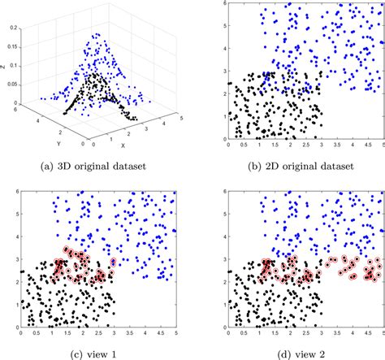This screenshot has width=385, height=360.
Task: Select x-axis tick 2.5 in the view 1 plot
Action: (97, 333)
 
